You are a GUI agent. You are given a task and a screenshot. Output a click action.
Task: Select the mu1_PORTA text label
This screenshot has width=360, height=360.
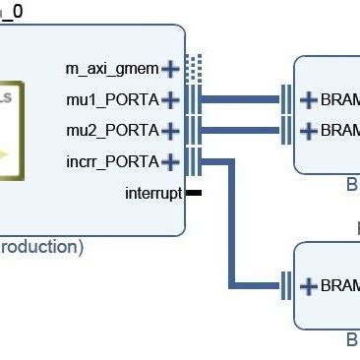[x=112, y=99]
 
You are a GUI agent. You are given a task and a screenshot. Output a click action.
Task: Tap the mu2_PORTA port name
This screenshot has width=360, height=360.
[x=112, y=130]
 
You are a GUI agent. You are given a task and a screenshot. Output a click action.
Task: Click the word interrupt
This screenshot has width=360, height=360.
[x=153, y=193]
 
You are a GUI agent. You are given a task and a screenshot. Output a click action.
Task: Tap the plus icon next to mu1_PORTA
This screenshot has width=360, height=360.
[x=171, y=99]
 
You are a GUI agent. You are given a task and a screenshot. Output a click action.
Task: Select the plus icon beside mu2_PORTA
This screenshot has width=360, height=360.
[x=171, y=130]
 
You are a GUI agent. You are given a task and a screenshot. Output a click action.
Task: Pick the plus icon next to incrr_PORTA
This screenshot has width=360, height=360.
[x=171, y=161]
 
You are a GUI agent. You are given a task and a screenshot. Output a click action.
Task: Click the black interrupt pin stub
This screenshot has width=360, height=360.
[x=193, y=193]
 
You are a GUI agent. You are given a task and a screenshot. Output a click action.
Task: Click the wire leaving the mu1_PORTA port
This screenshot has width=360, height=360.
[x=241, y=99]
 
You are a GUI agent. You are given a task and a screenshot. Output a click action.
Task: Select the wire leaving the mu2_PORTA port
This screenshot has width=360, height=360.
[x=241, y=130]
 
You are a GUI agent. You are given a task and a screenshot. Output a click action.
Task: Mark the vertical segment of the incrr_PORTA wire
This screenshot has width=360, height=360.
[x=233, y=226]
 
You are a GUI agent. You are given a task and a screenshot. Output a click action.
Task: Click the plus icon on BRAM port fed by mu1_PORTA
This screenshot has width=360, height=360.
[x=308, y=99]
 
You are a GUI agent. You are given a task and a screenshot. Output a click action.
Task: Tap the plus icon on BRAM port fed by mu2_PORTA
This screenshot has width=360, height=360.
[x=308, y=130]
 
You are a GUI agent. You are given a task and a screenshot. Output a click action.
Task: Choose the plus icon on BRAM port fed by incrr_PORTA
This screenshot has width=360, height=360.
[x=308, y=286]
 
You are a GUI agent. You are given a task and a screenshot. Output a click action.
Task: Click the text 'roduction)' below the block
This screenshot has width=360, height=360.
[x=41, y=247]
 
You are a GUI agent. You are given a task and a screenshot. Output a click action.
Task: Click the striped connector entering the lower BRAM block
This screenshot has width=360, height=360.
[x=287, y=286]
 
